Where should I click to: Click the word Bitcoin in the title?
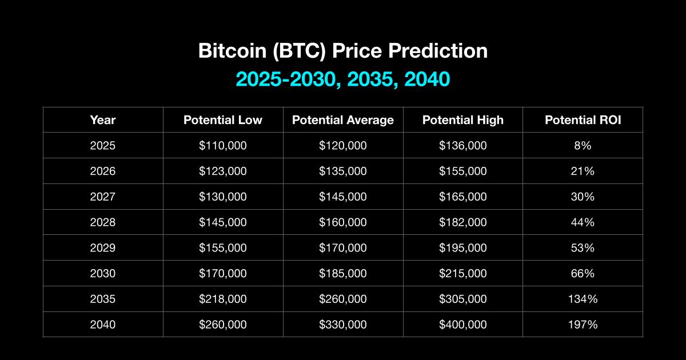(233, 50)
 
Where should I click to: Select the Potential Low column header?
(223, 120)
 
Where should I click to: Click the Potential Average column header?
(343, 120)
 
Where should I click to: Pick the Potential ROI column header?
(583, 120)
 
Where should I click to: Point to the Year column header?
(103, 120)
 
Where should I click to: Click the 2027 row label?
(103, 197)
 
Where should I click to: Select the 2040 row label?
(103, 325)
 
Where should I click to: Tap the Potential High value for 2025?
(462, 145)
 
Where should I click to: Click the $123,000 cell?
(223, 171)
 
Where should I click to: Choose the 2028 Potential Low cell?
(223, 222)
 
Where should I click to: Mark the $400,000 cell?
(462, 325)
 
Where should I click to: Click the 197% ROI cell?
(583, 325)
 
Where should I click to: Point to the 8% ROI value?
(583, 145)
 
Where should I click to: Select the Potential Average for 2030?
(343, 273)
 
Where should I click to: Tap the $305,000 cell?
(462, 299)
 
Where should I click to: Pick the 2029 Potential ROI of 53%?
(583, 247)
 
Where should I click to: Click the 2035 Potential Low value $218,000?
(223, 299)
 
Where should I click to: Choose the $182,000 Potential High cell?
(462, 222)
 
